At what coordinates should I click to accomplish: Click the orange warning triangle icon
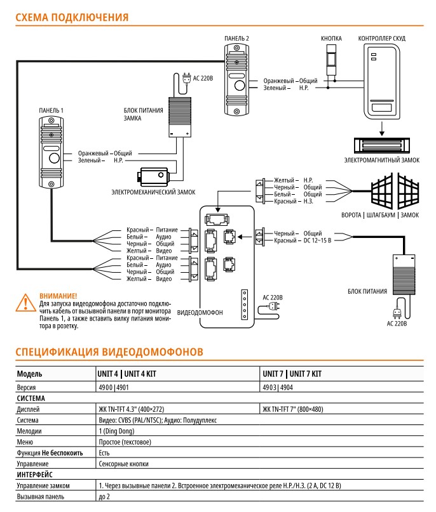point(25,303)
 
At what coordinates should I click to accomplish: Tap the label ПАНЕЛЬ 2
point(236,38)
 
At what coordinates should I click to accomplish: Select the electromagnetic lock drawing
point(381,145)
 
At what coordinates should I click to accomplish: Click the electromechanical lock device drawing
point(153,176)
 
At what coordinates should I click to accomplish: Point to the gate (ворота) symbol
point(395,192)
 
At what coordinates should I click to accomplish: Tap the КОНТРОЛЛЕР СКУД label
point(382,38)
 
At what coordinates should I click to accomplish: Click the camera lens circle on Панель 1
point(54,159)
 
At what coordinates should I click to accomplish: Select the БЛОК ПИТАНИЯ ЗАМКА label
point(143,114)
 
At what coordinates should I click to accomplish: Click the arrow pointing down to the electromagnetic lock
point(381,129)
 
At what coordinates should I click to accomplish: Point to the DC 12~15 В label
point(317,240)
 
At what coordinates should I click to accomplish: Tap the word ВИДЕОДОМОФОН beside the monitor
point(200,313)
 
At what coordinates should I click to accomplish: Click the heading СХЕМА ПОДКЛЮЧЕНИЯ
point(72,17)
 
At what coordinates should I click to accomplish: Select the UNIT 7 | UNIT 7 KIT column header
point(292,374)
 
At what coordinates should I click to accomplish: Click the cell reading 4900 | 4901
point(114,388)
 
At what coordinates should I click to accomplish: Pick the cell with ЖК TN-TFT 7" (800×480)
point(293,409)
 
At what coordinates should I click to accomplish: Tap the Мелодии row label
point(29,431)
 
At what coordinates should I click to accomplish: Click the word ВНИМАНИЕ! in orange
point(58,296)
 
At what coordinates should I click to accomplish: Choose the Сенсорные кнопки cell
point(124,464)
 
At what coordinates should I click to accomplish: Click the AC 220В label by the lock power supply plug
point(203,79)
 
